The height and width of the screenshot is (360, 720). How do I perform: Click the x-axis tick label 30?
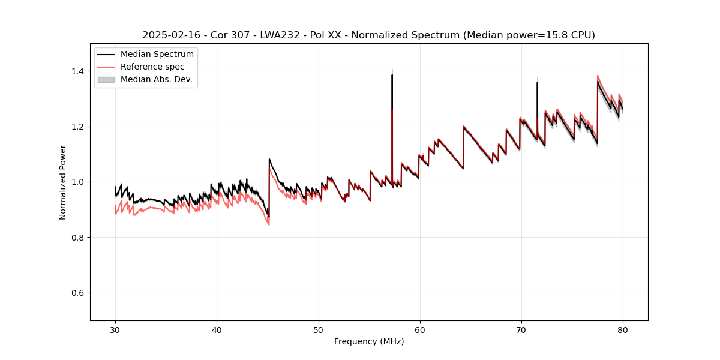(115, 330)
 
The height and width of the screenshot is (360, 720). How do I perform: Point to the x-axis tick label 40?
(217, 330)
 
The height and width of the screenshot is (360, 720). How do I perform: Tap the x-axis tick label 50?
(319, 330)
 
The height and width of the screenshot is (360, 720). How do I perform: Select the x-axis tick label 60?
(420, 330)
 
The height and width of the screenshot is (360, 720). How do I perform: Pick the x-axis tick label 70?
(521, 330)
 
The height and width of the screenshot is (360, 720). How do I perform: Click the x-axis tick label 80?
(623, 330)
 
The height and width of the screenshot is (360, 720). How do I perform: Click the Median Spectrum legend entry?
(157, 55)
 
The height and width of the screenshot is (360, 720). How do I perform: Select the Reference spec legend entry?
(152, 67)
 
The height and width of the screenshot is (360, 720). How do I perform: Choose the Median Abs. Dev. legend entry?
(156, 79)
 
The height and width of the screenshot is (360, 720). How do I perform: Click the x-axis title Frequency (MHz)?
(369, 341)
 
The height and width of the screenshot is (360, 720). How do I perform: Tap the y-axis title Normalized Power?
(63, 182)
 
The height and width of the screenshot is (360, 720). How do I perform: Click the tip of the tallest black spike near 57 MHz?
(392, 75)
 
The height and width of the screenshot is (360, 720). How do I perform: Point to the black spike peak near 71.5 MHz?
(537, 83)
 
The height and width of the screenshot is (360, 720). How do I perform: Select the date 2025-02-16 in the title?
(170, 35)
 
